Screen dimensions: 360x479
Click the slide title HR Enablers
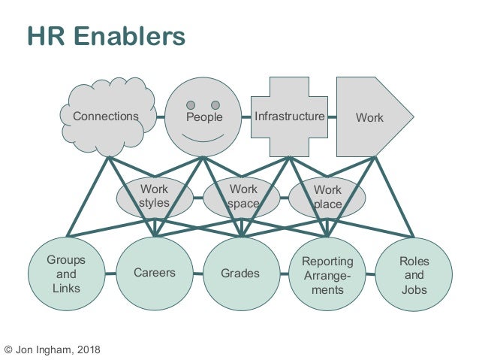tap(105, 36)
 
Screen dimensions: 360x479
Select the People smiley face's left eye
tap(191, 104)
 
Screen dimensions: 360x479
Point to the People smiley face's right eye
tap(215, 104)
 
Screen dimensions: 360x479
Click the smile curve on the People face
tap(203, 139)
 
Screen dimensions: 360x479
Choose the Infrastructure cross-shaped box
tap(289, 116)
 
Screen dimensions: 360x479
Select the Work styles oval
tap(154, 196)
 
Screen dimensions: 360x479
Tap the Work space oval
tap(242, 196)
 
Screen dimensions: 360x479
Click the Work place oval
tap(327, 196)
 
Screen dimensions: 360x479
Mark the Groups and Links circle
tap(66, 274)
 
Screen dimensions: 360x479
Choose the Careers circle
tap(155, 273)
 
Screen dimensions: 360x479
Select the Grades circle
tap(240, 274)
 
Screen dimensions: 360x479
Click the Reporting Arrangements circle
tap(327, 274)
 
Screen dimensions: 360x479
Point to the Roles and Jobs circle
tap(413, 274)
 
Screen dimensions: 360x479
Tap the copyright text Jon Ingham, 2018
tap(51, 349)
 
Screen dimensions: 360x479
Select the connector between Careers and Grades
tap(197, 274)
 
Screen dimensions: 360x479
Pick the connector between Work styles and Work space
tap(197, 198)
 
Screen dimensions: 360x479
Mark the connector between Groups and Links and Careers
tap(110, 273)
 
